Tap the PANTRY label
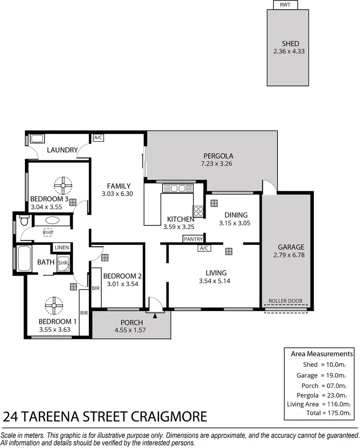(193, 239)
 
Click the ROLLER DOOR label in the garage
(286, 301)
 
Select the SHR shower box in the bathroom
(63, 263)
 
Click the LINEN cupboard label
(61, 247)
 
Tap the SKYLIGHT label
(47, 232)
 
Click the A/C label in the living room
(204, 248)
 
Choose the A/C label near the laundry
(98, 138)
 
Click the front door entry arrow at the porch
(155, 315)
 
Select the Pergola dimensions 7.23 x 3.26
(218, 164)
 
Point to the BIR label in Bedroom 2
(96, 288)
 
